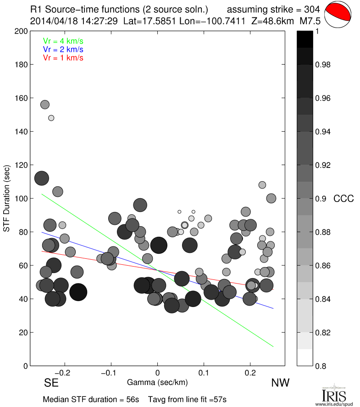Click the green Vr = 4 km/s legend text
pyautogui.click(x=63, y=41)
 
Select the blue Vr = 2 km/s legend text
pyautogui.click(x=63, y=49)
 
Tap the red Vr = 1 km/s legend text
pyautogui.click(x=63, y=57)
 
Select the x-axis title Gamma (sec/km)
pyautogui.click(x=157, y=382)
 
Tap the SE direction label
pyautogui.click(x=51, y=383)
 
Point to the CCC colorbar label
pyautogui.click(x=343, y=199)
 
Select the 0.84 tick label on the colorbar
pyautogui.click(x=323, y=299)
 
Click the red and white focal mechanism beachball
pyautogui.click(x=338, y=14)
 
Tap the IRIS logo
pyautogui.click(x=333, y=395)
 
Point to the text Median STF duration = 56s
pyautogui.click(x=91, y=399)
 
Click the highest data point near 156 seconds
pyautogui.click(x=45, y=105)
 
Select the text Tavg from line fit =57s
pyautogui.click(x=187, y=399)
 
